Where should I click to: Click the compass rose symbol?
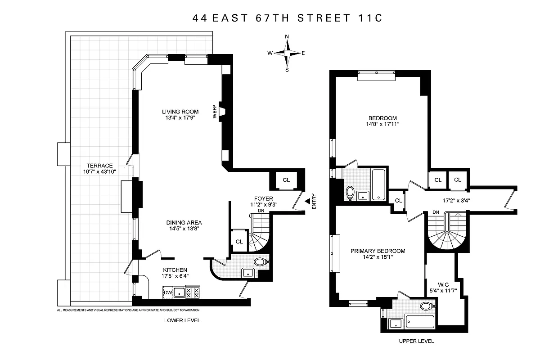287,53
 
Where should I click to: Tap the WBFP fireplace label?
215,112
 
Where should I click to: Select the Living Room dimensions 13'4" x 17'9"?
180,119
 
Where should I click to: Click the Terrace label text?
100,166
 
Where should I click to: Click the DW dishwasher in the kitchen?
168,293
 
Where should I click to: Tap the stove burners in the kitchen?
193,293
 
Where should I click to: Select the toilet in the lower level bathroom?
260,261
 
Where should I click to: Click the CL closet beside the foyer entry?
286,180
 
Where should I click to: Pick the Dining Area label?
184,222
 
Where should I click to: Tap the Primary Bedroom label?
378,251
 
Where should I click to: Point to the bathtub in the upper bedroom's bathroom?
378,185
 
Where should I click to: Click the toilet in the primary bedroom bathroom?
426,307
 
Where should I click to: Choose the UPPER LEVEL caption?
416,341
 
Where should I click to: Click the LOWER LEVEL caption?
182,320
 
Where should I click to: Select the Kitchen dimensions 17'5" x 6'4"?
175,276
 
